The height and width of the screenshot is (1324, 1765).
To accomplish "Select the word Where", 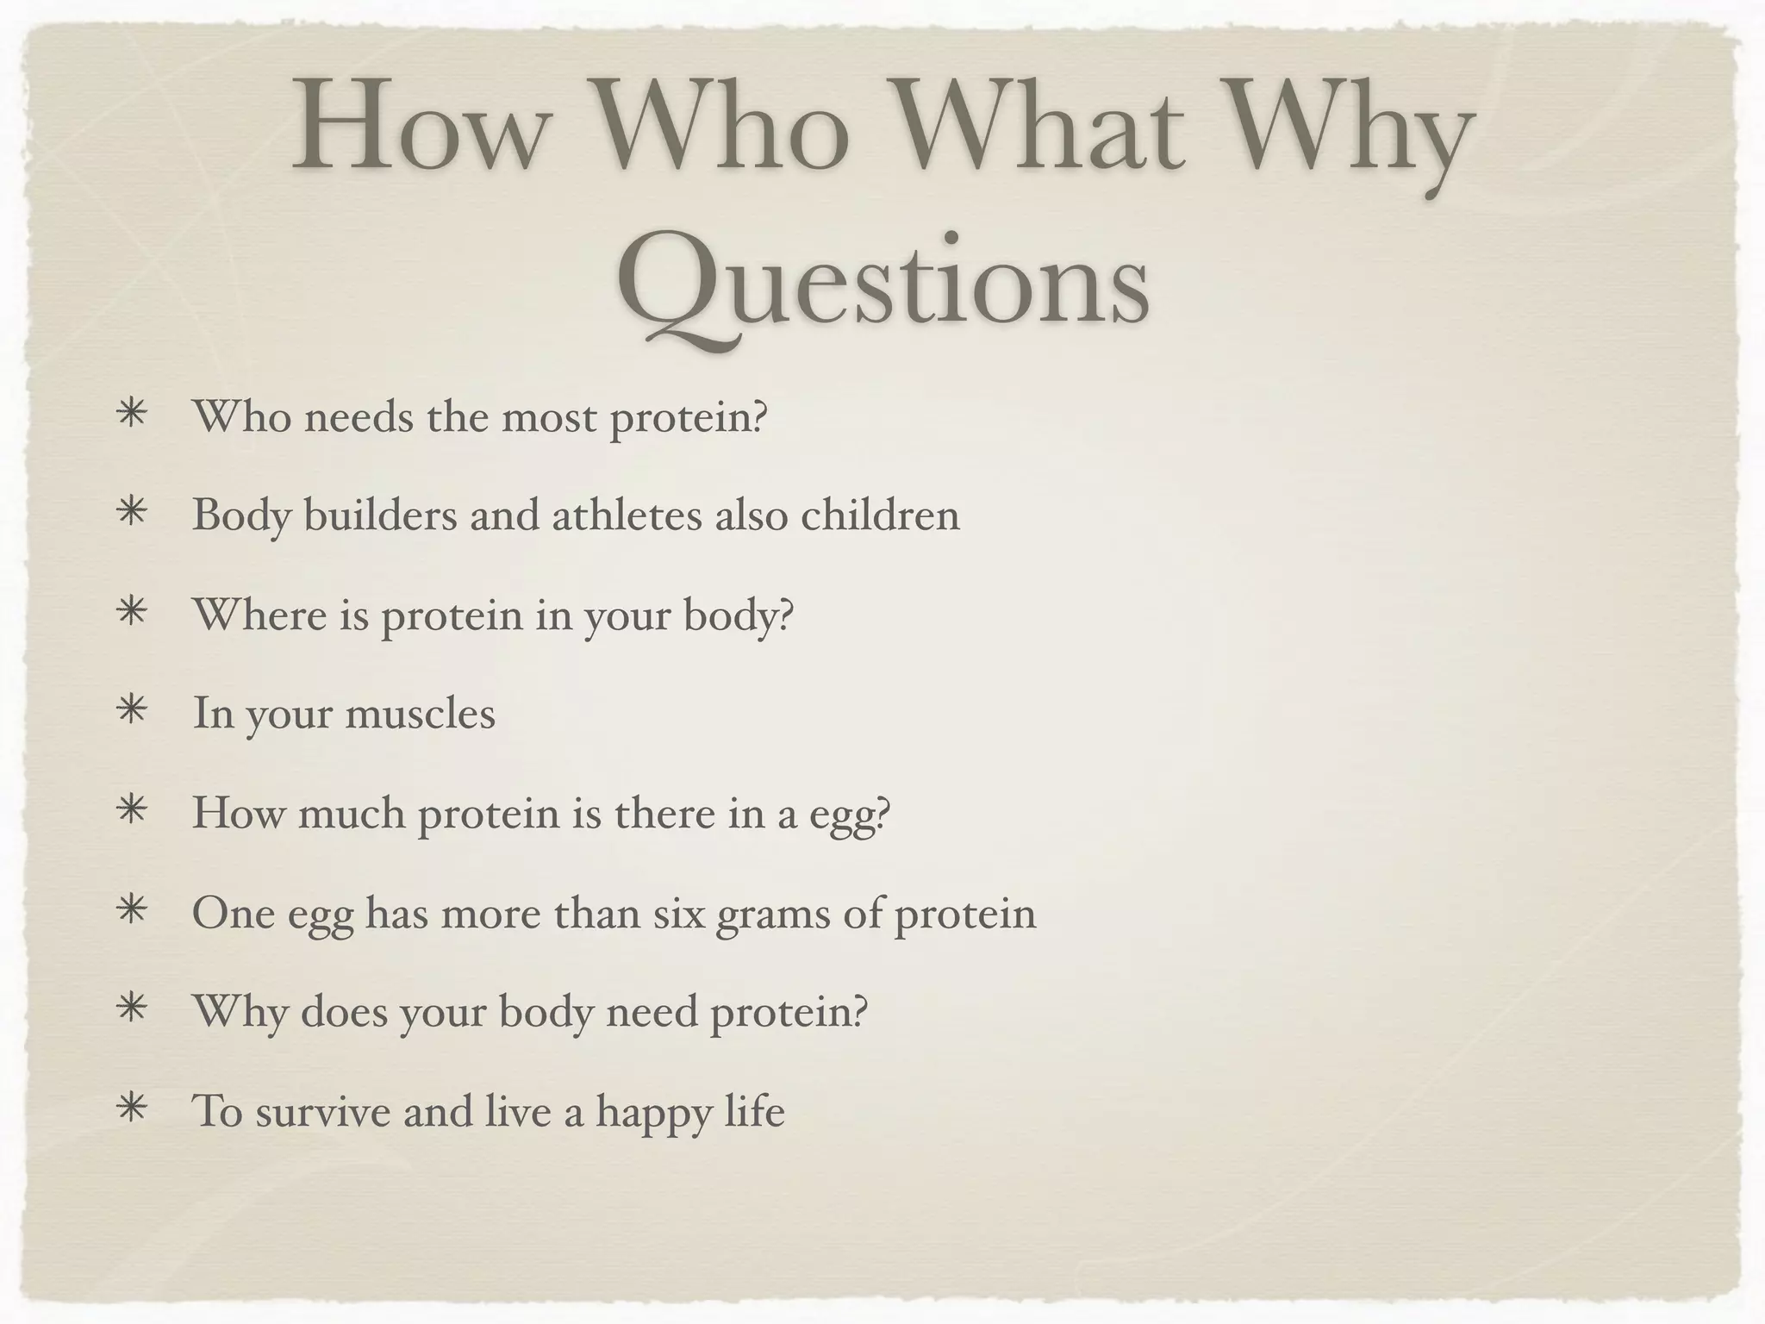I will [x=259, y=615].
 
